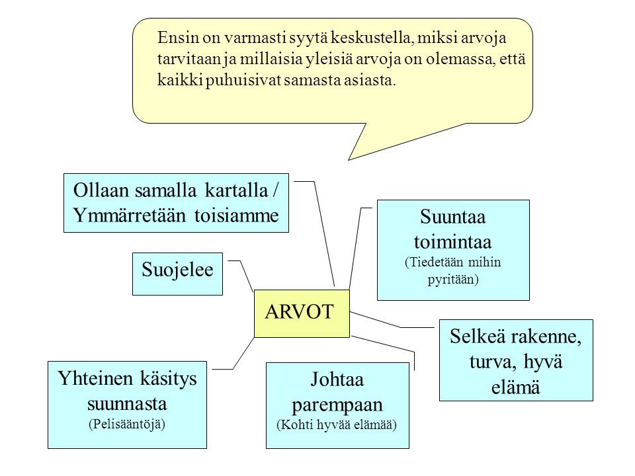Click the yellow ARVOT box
pyautogui.click(x=302, y=313)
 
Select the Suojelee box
pyautogui.click(x=177, y=274)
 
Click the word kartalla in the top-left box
pyautogui.click(x=237, y=190)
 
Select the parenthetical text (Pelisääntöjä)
pyautogui.click(x=127, y=424)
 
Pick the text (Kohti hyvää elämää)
pyautogui.click(x=337, y=424)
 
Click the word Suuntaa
pyautogui.click(x=452, y=217)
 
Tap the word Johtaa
pyautogui.click(x=337, y=379)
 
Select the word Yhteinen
pyautogui.click(x=95, y=378)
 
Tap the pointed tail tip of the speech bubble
pyautogui.click(x=349, y=160)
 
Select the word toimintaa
pyautogui.click(x=452, y=242)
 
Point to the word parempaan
pyautogui.click(x=337, y=405)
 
